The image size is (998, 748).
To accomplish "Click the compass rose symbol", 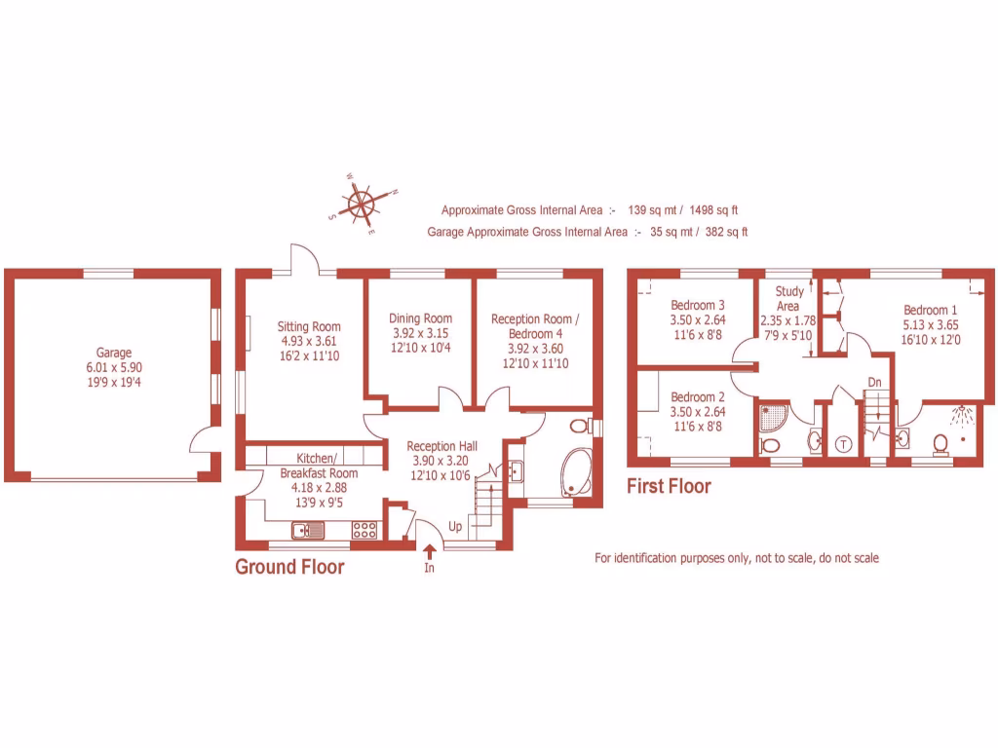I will [x=364, y=205].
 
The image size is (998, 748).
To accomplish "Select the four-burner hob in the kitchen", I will [x=365, y=530].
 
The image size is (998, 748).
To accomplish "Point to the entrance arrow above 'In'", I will [x=429, y=552].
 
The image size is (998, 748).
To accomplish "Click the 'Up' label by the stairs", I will [x=455, y=526].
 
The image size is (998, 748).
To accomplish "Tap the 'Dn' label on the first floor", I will [x=874, y=382].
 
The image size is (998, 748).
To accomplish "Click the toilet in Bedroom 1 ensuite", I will [x=940, y=443].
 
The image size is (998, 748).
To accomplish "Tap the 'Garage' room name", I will [x=113, y=353].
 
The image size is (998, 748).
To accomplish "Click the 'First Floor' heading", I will [x=669, y=485].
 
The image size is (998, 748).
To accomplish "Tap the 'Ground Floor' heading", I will [x=289, y=567].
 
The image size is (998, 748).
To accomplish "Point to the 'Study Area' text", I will [x=788, y=298].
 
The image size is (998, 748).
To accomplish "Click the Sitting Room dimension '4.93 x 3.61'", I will [x=308, y=341].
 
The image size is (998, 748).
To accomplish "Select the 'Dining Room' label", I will [x=420, y=318].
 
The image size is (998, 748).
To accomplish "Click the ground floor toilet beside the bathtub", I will [x=579, y=427].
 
